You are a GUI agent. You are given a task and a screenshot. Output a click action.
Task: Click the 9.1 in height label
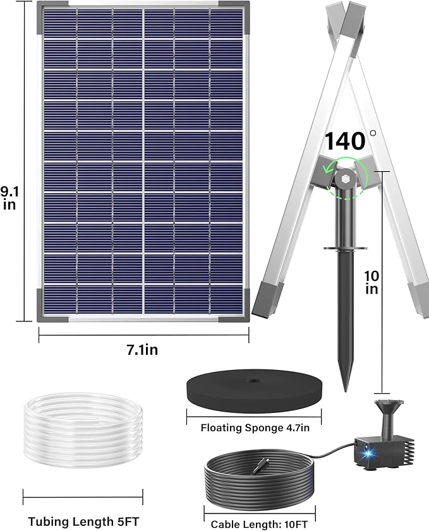tap(9, 197)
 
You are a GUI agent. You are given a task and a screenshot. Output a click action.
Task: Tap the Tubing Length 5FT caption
tap(83, 522)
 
